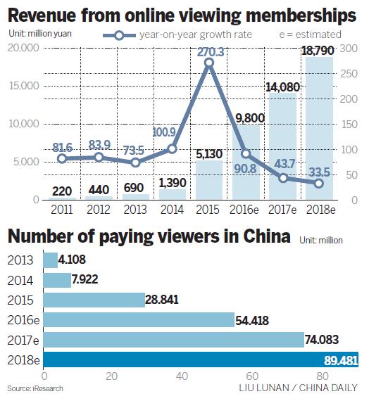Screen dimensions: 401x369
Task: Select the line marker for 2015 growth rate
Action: point(209,63)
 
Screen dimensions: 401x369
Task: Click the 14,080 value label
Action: point(282,88)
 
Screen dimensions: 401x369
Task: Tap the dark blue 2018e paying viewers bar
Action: point(201,361)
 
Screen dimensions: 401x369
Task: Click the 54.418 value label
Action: point(254,320)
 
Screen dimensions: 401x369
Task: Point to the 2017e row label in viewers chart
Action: point(23,340)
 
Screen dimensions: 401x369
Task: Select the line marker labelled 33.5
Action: point(318,183)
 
